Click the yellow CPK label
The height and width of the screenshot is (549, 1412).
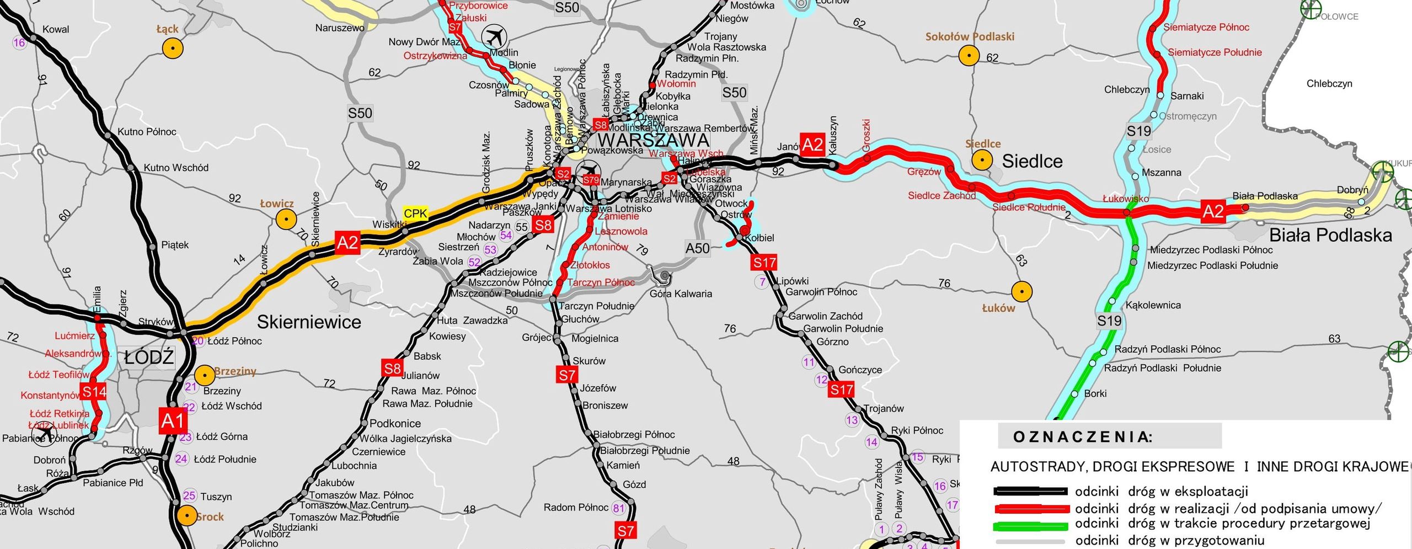click(415, 214)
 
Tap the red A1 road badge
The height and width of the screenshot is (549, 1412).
click(173, 422)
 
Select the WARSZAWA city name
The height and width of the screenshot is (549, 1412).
click(653, 140)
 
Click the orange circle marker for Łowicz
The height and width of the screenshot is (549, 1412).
click(286, 220)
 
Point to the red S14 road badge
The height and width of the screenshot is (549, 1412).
click(94, 392)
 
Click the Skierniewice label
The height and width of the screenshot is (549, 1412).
click(309, 322)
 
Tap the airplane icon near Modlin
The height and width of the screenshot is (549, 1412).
click(494, 38)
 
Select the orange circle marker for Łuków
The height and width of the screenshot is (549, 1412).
click(1021, 291)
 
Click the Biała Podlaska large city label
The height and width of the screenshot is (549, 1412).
click(1330, 235)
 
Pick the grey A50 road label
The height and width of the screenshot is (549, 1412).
click(697, 248)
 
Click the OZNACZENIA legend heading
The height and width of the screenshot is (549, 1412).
click(1082, 437)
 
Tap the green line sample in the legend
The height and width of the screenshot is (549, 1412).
click(1030, 525)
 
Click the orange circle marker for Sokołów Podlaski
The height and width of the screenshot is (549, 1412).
click(969, 56)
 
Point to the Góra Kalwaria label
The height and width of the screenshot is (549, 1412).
click(681, 294)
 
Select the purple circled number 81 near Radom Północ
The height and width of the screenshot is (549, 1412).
click(618, 508)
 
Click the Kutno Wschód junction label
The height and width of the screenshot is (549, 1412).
click(176, 168)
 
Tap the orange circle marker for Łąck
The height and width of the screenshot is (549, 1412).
click(173, 49)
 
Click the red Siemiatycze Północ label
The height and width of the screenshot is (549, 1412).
click(1206, 27)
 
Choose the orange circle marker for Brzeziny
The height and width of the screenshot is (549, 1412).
click(205, 376)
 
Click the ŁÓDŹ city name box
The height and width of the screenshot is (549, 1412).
click(149, 358)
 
